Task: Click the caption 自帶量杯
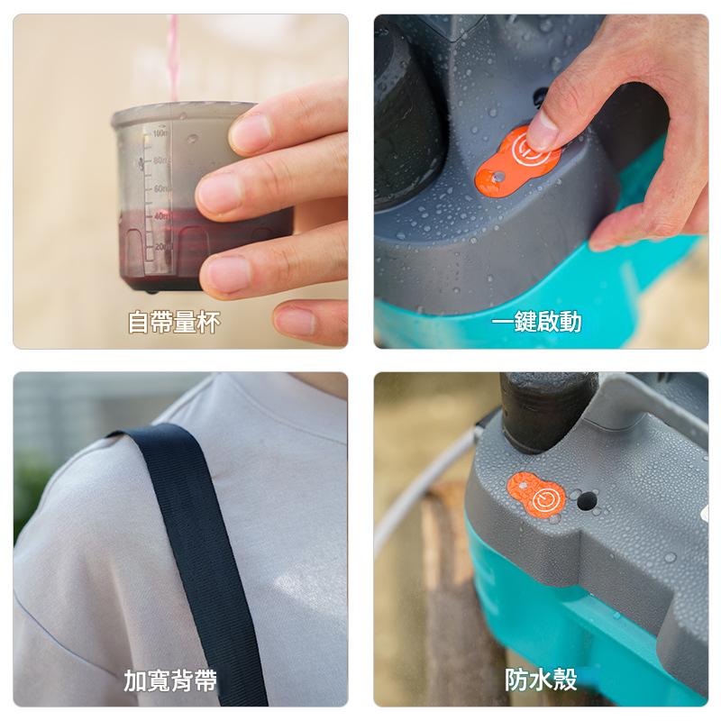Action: click(x=173, y=323)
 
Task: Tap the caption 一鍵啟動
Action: click(x=537, y=322)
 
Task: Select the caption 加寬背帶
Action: click(x=170, y=680)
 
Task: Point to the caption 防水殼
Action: click(x=541, y=680)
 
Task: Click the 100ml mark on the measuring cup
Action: click(x=160, y=133)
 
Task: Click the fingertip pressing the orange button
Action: click(x=543, y=132)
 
